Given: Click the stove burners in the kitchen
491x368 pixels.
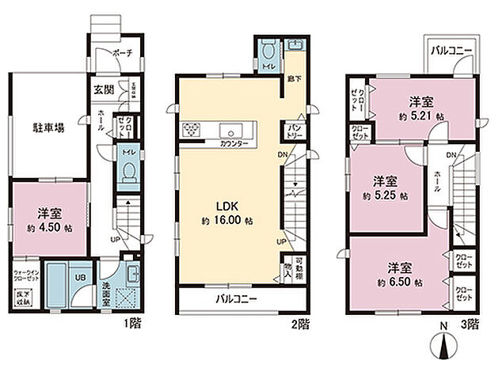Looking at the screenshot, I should (x=193, y=129).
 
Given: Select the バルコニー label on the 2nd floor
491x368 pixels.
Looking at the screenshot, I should (x=237, y=300).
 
